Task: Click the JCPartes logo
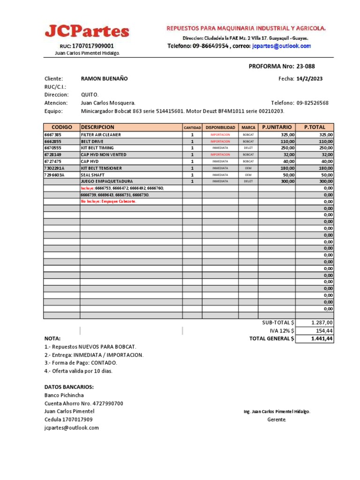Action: click(87, 31)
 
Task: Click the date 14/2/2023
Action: click(309, 79)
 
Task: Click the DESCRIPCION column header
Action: click(97, 127)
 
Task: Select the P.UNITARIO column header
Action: click(277, 127)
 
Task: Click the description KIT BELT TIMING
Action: click(97, 148)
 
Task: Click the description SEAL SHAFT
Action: click(93, 175)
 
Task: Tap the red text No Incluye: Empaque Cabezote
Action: click(108, 201)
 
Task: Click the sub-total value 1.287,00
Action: click(322, 322)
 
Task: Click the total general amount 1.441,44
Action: click(322, 338)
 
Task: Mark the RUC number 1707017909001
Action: click(93, 46)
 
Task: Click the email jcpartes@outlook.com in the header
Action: click(281, 46)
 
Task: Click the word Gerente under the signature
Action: click(276, 420)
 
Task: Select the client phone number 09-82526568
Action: click(313, 103)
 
